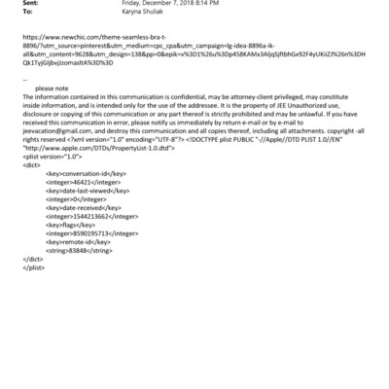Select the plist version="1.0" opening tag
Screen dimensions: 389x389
click(x=51, y=182)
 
